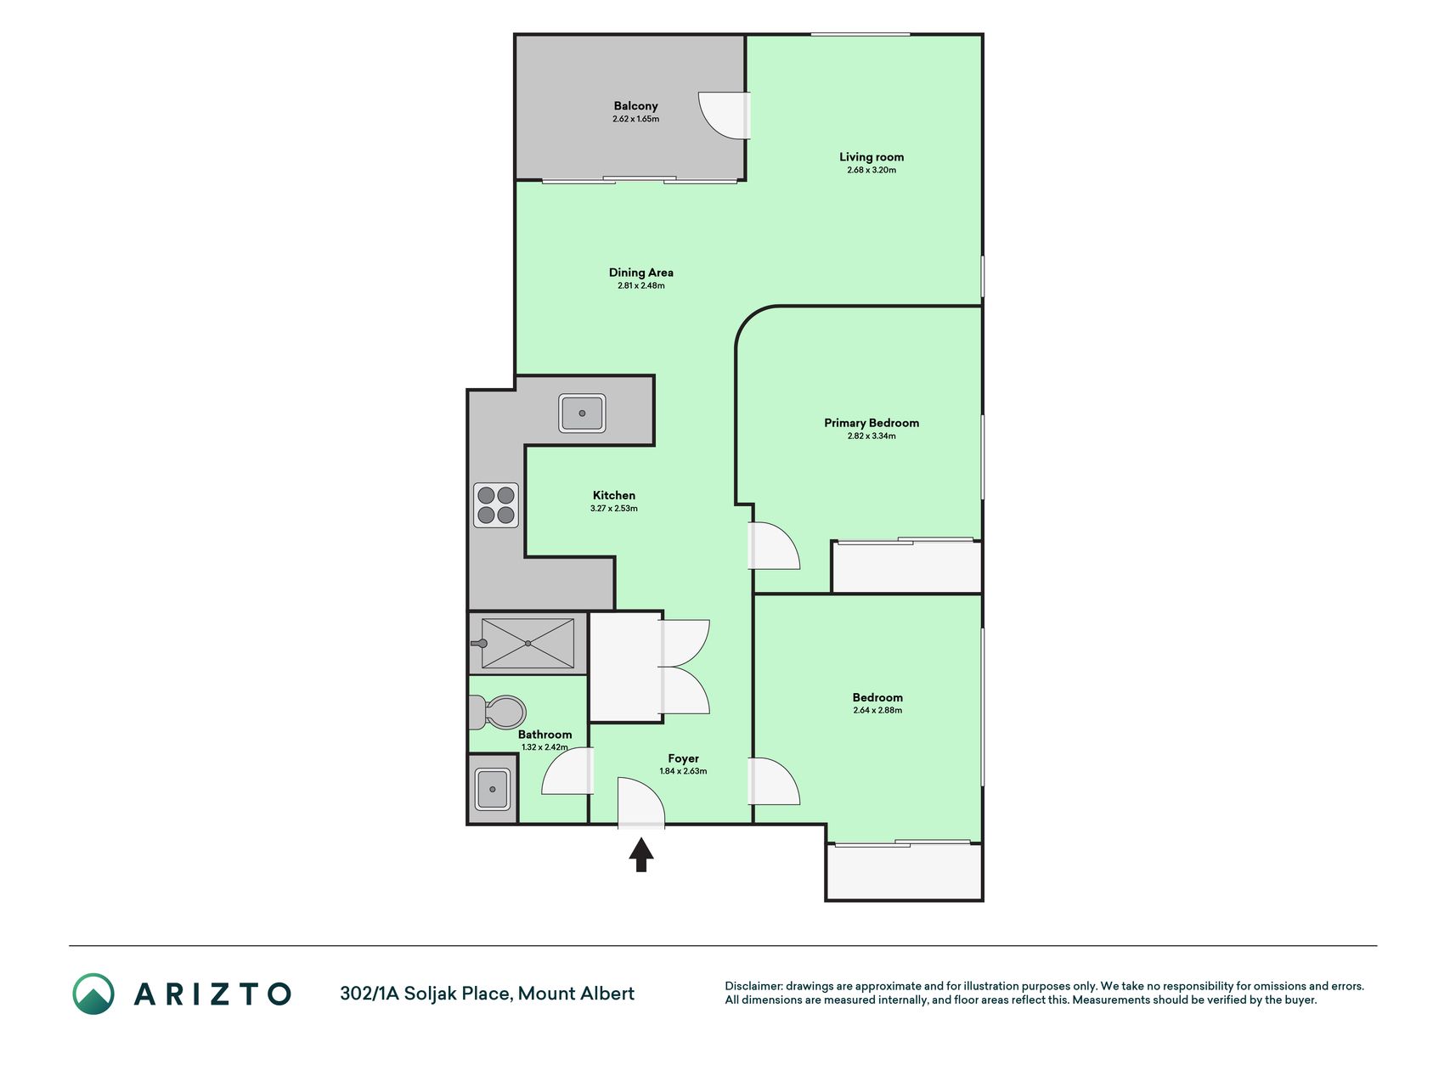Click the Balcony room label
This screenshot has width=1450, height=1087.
pos(635,106)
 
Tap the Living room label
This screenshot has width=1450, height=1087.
pos(872,157)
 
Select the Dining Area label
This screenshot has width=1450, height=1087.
pos(641,273)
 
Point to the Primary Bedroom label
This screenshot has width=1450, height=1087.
pos(872,423)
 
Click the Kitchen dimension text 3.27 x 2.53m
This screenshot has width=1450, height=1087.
pos(614,509)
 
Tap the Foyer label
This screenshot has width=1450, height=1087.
pos(683,758)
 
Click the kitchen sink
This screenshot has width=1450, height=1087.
pos(582,414)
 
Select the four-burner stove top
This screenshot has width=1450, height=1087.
pos(496,505)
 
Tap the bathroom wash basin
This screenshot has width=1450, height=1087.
pos(493,789)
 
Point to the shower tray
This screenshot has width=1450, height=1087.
pos(528,644)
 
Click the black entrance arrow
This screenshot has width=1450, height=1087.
pos(641,854)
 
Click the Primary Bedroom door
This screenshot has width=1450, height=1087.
pos(774,545)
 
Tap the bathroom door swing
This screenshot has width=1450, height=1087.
pos(567,770)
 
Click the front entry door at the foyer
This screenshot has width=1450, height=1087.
pos(641,802)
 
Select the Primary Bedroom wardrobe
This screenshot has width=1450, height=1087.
pos(906,566)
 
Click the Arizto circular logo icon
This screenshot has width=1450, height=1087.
pos(93,994)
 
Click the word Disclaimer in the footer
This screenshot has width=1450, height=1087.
pos(753,986)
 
